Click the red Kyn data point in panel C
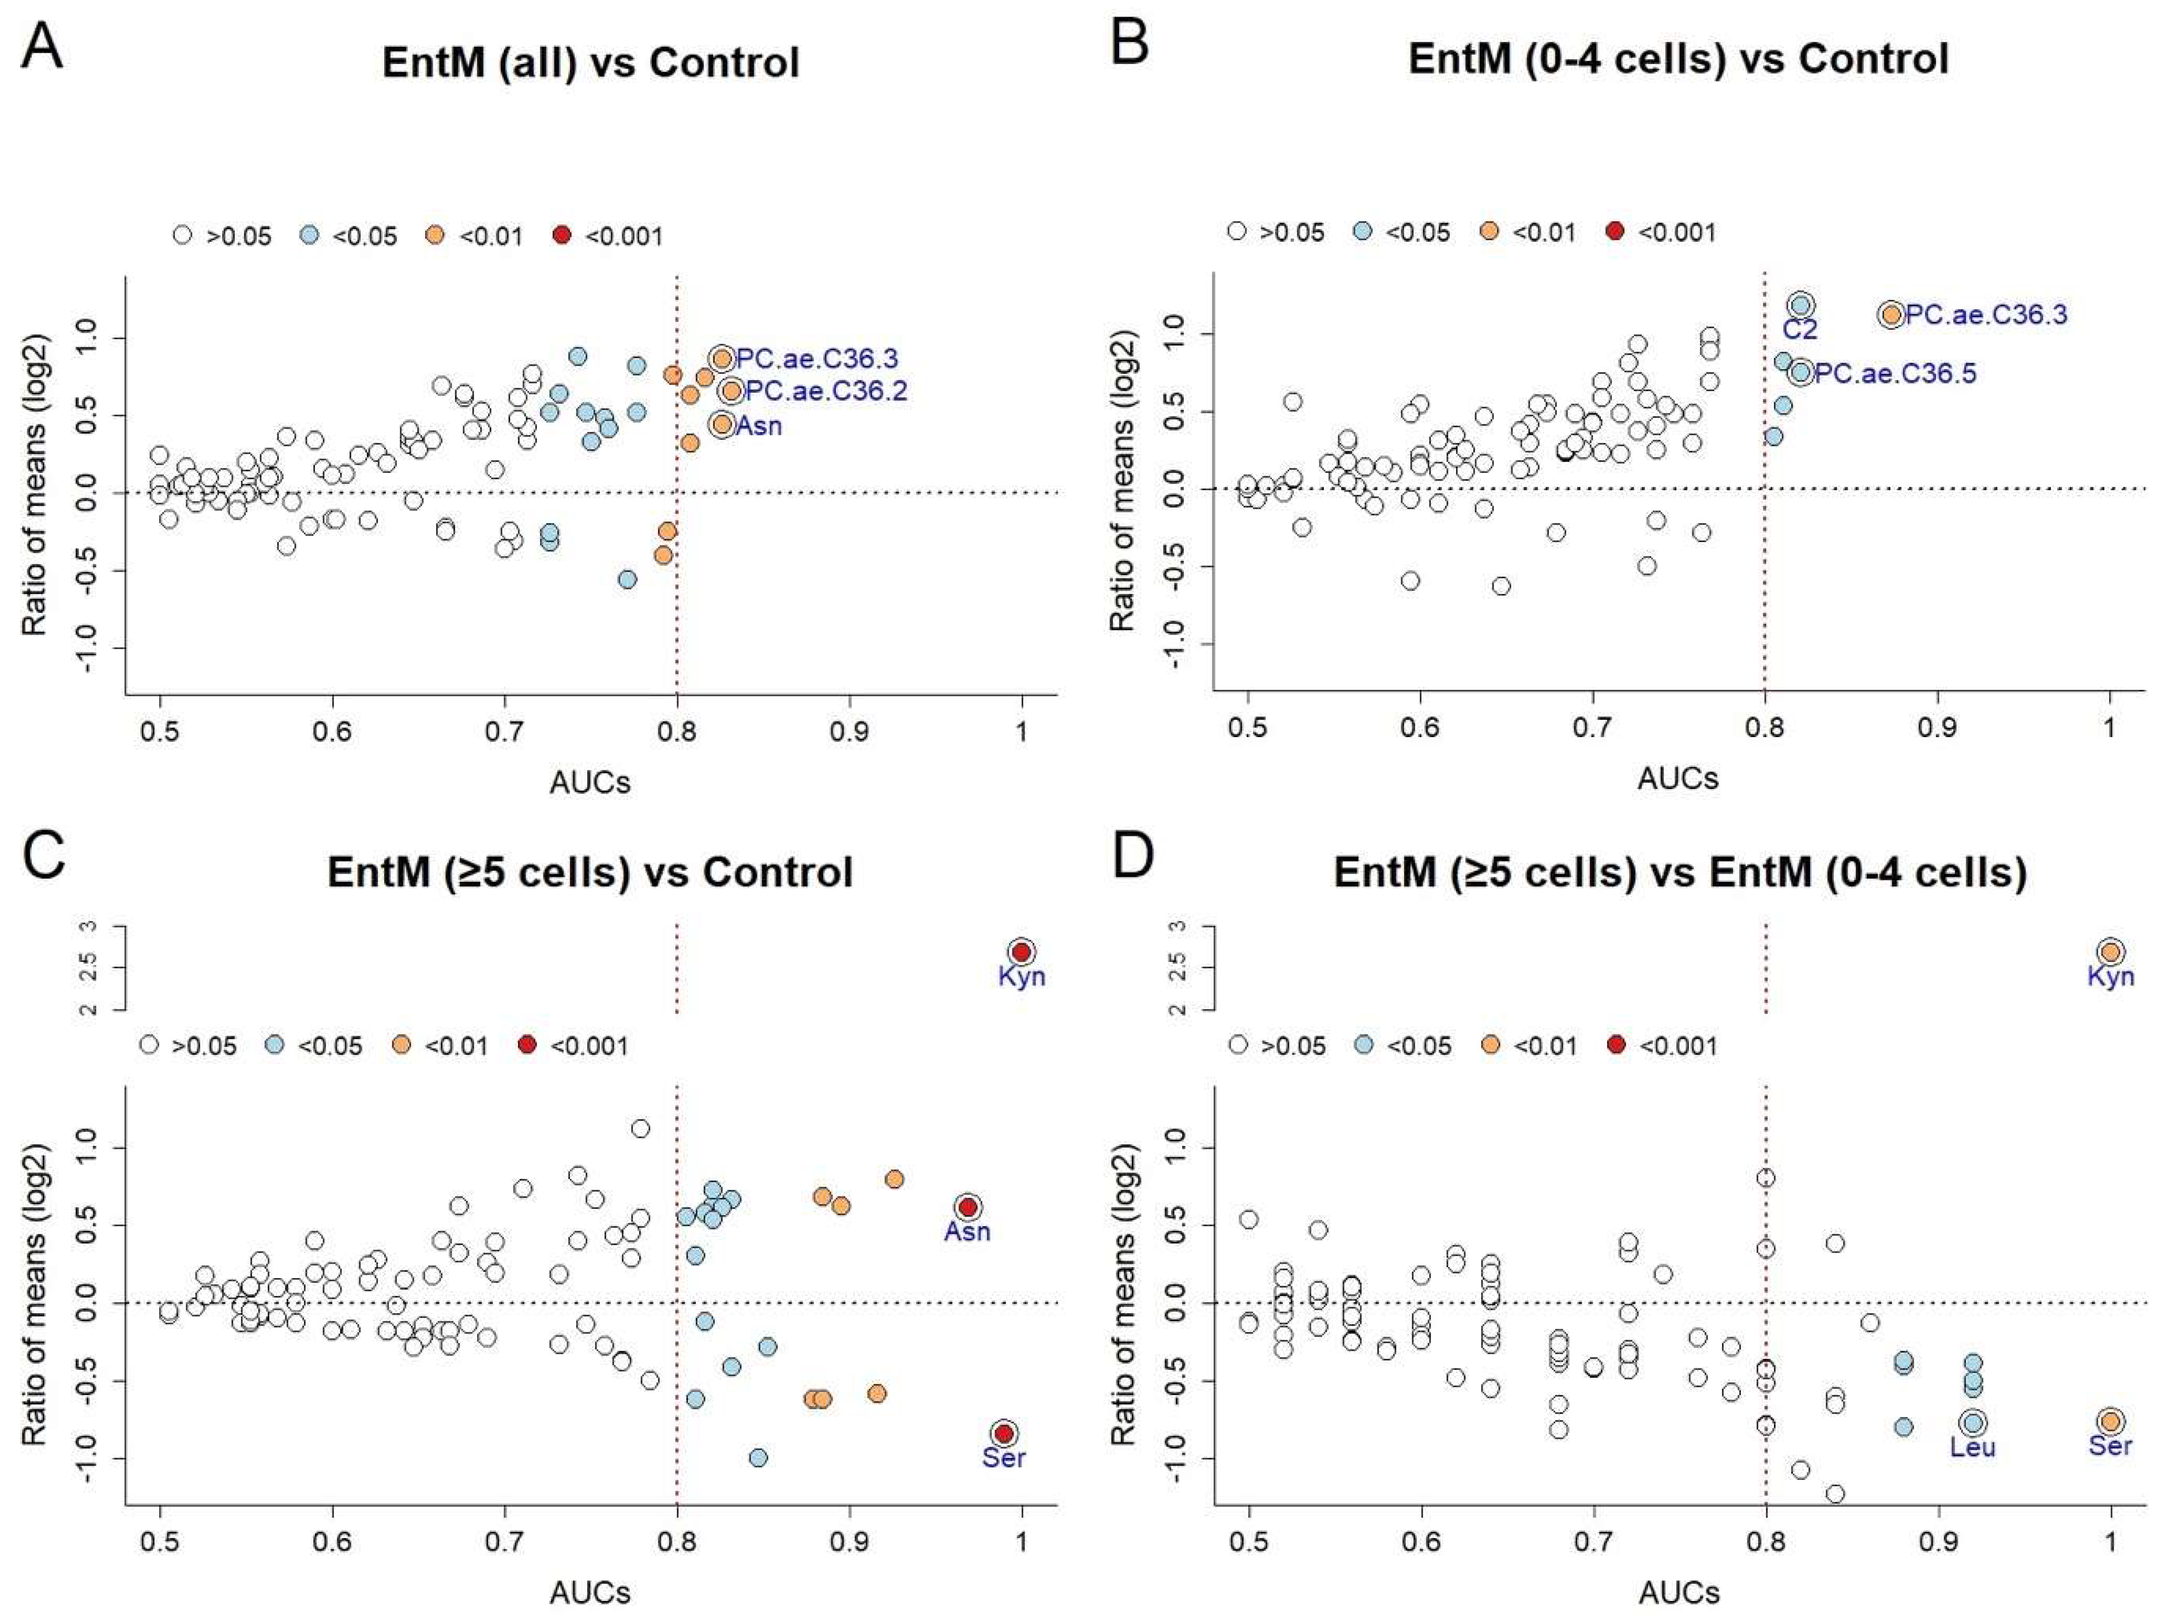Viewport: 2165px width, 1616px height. [x=1022, y=952]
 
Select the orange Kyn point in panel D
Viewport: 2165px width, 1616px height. [x=2110, y=952]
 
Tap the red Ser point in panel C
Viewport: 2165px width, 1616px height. [x=1003, y=1433]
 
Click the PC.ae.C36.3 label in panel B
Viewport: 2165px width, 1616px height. [x=1986, y=315]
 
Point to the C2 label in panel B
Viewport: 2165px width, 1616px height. [x=1799, y=330]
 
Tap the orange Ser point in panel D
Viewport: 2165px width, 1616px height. [x=2110, y=1421]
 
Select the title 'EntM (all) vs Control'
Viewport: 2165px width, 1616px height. [x=591, y=63]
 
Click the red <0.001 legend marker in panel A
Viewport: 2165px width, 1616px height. [x=561, y=235]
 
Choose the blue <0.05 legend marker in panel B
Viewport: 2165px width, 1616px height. [x=1363, y=231]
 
